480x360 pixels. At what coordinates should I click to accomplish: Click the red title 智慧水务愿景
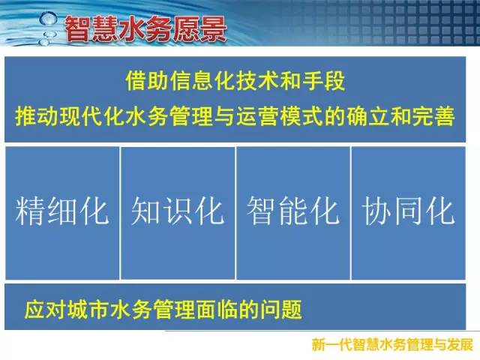[x=145, y=28]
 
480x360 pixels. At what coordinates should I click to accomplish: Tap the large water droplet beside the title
[x=48, y=19]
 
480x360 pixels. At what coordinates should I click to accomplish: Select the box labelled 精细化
[x=62, y=213]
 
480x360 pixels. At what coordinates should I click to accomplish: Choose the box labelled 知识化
[x=178, y=213]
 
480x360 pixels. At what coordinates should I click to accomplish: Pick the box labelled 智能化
[x=293, y=213]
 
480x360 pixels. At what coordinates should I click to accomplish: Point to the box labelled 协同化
[x=408, y=213]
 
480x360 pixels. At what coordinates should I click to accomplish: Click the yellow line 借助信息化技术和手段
[x=235, y=81]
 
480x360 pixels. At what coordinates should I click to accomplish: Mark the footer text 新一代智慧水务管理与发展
[x=392, y=345]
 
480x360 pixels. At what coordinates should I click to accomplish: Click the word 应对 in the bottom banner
[x=46, y=310]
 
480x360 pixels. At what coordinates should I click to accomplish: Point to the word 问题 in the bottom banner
[x=281, y=310]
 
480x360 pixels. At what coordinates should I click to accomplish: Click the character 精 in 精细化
[x=31, y=211]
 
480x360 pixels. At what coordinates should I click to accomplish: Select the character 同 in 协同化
[x=408, y=211]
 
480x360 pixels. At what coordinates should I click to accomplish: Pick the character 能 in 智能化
[x=293, y=211]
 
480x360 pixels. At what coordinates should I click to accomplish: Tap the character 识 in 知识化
[x=178, y=211]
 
